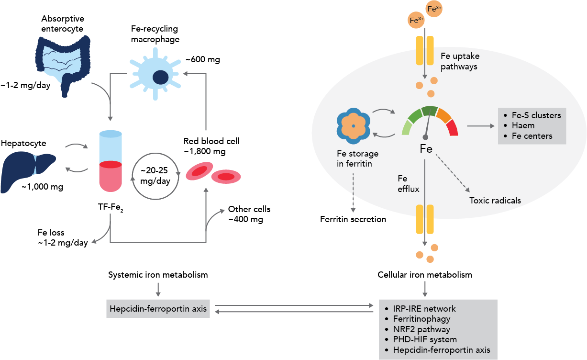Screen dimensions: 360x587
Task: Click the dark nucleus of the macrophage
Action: [x=160, y=77]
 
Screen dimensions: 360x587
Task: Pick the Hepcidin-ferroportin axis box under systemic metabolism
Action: [x=158, y=309]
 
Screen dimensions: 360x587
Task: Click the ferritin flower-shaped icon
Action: [x=353, y=125]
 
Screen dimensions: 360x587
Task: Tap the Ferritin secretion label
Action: [x=353, y=220]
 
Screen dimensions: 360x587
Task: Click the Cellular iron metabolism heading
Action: [x=425, y=275]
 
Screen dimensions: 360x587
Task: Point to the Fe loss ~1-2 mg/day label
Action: [x=63, y=238]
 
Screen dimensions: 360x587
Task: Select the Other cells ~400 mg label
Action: [x=249, y=214]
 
